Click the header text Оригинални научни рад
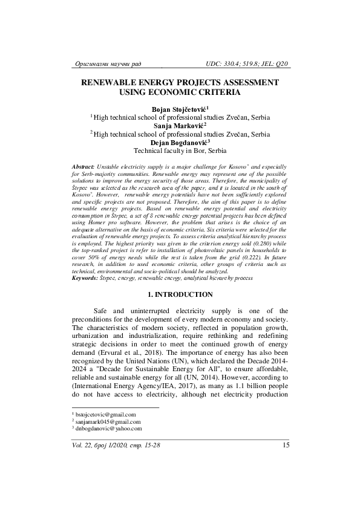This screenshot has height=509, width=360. [x=106, y=63]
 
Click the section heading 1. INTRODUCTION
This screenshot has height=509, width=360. [x=180, y=294]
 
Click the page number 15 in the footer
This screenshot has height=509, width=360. [x=285, y=446]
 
